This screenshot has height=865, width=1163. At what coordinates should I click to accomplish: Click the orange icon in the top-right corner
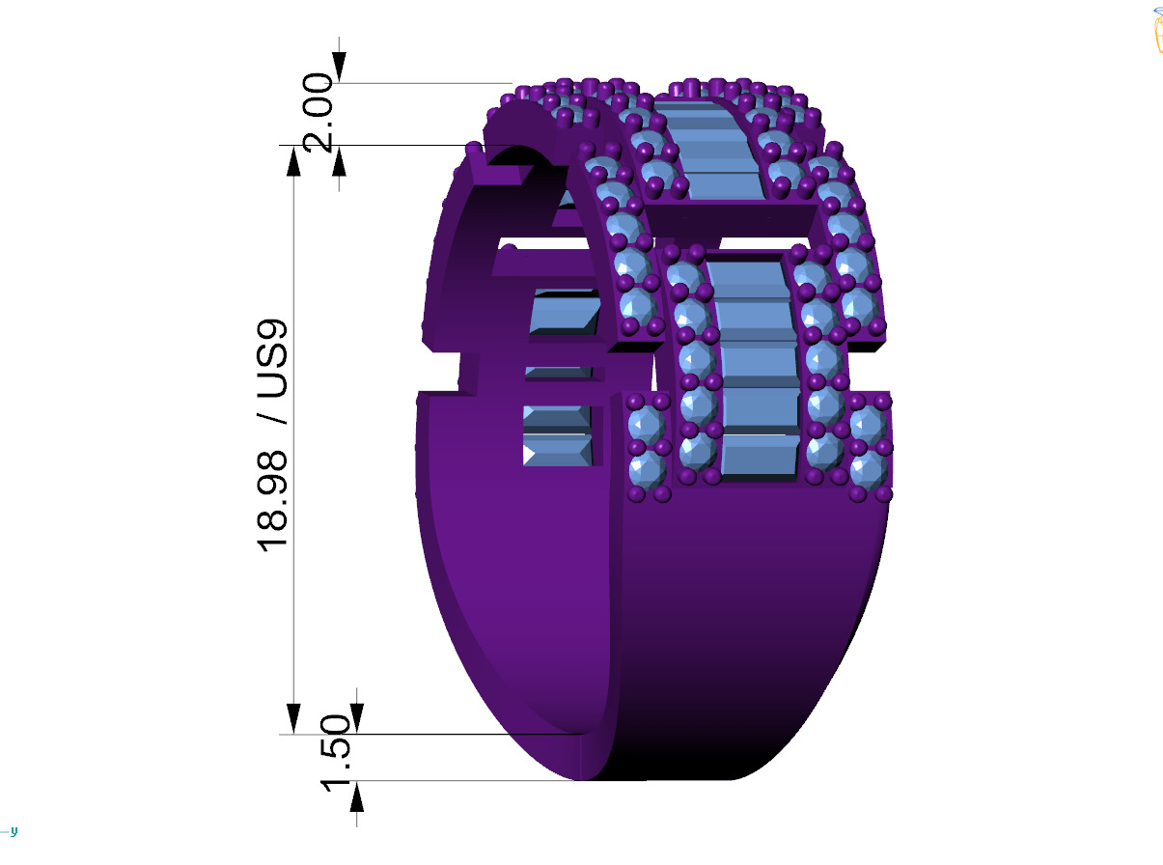point(1156,30)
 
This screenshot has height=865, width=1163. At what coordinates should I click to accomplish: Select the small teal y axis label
point(14,831)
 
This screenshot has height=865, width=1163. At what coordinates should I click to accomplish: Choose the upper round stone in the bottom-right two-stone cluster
point(870,425)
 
